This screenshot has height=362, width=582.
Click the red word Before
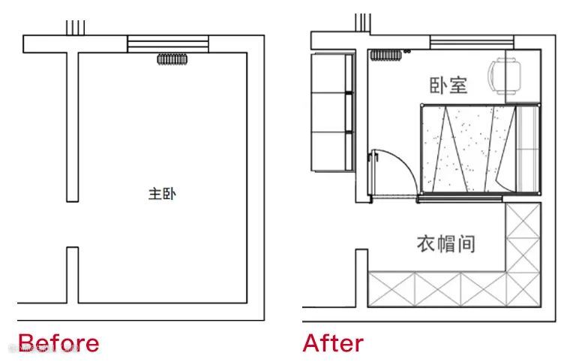[58, 343]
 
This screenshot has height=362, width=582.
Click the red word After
[333, 343]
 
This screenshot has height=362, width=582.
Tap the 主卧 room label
[162, 195]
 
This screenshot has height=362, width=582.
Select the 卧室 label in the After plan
[448, 85]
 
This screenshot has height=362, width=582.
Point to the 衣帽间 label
[446, 244]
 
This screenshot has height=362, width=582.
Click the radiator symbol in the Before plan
[172, 59]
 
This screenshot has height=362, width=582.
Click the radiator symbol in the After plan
[386, 55]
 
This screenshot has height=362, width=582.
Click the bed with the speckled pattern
[465, 149]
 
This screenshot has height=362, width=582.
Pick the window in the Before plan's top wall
[166, 44]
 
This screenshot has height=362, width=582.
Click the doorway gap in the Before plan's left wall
[72, 224]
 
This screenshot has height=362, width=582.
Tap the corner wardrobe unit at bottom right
[523, 290]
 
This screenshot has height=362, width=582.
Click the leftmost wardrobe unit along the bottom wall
[390, 290]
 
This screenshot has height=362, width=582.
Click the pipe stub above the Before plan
[76, 27]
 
